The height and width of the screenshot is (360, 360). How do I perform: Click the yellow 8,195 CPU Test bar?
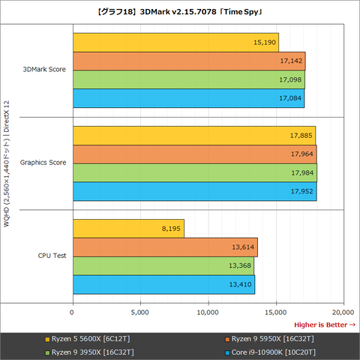tap(128, 229)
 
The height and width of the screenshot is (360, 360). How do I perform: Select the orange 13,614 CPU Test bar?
tap(165, 247)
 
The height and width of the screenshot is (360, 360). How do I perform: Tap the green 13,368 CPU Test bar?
tap(163, 266)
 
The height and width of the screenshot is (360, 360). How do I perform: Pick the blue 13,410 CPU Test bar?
tap(163, 285)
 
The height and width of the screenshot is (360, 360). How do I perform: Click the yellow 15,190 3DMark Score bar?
tap(175, 43)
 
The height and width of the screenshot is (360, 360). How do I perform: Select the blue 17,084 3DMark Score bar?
tap(188, 98)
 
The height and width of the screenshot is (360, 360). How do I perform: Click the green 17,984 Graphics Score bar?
tap(195, 173)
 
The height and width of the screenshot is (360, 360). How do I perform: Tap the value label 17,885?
tap(297, 136)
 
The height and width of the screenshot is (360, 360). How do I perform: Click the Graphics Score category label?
tap(43, 162)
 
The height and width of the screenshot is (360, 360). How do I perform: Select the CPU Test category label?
tap(52, 256)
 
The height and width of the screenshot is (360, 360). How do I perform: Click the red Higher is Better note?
tap(325, 324)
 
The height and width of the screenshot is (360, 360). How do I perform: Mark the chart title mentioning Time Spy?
tap(180, 12)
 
